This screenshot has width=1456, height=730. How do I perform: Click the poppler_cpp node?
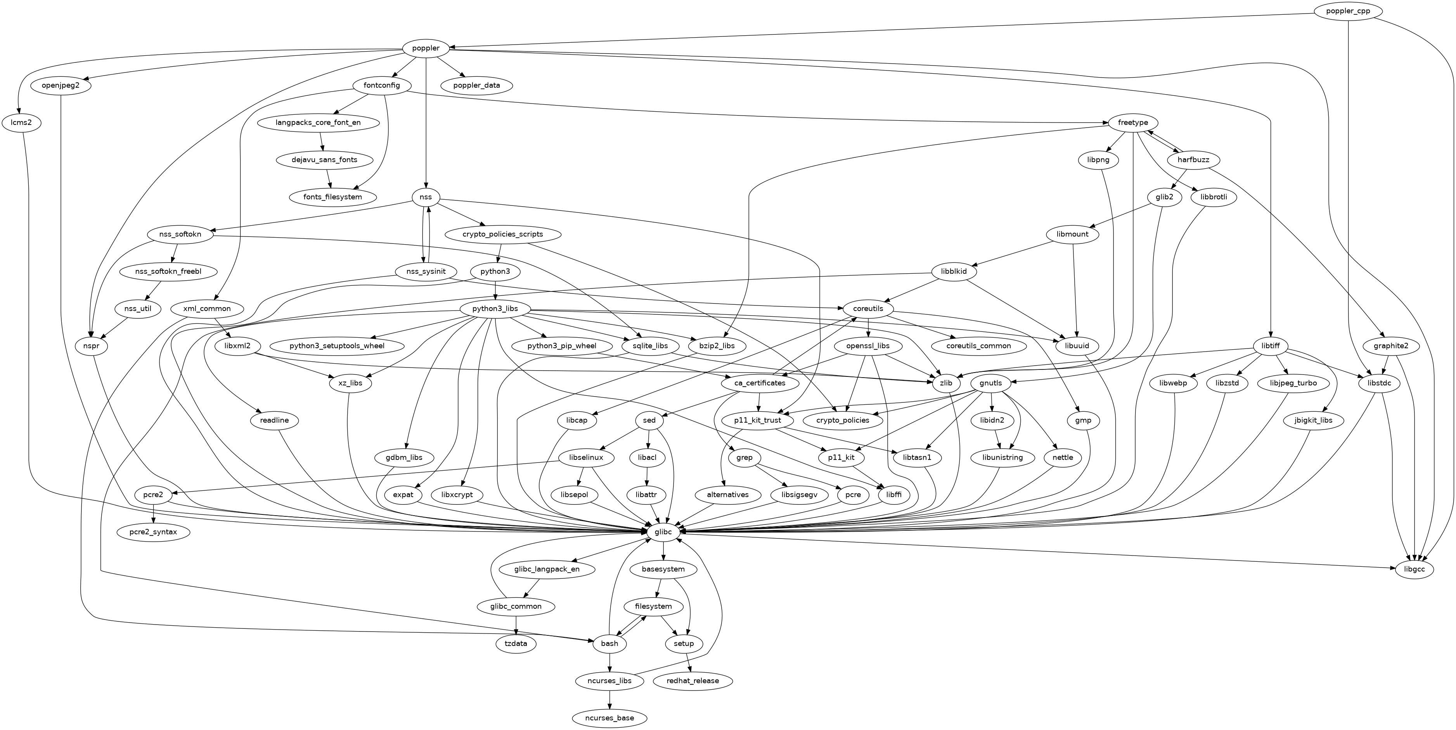[x=1348, y=11]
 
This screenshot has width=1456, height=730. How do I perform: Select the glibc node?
[x=663, y=532]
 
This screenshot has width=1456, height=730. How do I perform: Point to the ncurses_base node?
[x=610, y=718]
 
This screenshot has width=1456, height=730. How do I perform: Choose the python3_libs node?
[x=495, y=309]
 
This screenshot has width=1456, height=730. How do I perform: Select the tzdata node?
[x=516, y=644]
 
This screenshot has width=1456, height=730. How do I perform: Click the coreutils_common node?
[x=978, y=346]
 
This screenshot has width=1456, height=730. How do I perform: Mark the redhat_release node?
[x=693, y=681]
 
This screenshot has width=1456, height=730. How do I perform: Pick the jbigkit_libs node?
[x=1313, y=420]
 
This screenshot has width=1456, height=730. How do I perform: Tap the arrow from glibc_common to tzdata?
[x=516, y=625]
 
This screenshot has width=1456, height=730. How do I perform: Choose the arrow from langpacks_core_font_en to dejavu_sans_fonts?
[x=322, y=141]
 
